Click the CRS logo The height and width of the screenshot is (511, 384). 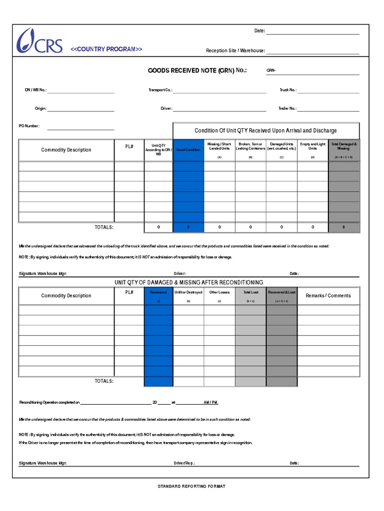(x=39, y=41)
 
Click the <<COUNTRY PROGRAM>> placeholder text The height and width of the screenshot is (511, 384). (x=106, y=49)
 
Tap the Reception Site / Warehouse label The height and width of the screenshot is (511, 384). (x=235, y=50)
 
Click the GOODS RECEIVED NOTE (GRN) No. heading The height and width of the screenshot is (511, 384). (x=197, y=71)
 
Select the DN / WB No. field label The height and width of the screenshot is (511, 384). (x=35, y=90)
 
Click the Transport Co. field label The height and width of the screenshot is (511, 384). (x=160, y=90)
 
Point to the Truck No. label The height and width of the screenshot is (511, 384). (x=288, y=90)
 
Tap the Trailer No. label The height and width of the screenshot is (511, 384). (x=287, y=108)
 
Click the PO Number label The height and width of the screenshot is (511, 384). (x=29, y=126)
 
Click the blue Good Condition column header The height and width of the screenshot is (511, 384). (x=188, y=150)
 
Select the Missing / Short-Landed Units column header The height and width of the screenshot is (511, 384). (x=219, y=146)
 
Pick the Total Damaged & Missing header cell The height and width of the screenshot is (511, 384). (x=344, y=146)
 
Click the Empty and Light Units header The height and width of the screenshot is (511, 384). (x=312, y=146)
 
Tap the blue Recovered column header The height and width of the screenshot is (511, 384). (x=158, y=292)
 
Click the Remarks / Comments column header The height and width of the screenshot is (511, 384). (x=328, y=295)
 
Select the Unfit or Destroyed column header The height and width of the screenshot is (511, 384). (x=188, y=292)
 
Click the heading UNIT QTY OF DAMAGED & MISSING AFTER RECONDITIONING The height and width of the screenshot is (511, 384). (x=188, y=282)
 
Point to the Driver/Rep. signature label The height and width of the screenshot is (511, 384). (x=184, y=463)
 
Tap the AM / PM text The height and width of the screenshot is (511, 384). (x=210, y=402)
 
